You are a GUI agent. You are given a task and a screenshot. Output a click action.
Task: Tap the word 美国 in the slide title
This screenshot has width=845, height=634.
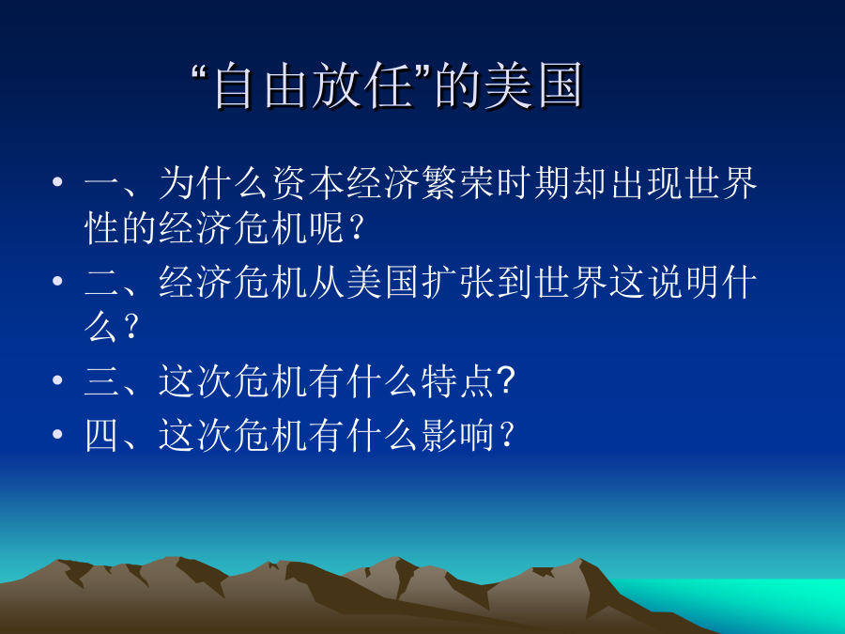tap(533, 85)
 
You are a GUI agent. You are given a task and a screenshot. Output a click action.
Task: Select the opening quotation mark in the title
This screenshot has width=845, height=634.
tap(201, 72)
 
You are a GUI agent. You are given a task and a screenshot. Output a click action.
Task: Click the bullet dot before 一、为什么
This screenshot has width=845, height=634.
tap(57, 182)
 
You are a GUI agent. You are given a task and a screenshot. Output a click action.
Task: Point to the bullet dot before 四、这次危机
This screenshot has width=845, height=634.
tap(57, 434)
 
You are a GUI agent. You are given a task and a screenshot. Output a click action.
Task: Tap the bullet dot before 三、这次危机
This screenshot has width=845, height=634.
tap(57, 380)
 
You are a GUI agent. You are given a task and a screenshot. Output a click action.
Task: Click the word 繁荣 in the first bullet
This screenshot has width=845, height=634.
tap(457, 183)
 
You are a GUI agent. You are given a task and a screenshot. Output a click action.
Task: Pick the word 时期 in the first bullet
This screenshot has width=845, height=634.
tap(532, 183)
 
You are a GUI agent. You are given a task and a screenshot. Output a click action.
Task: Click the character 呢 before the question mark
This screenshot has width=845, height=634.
tap(327, 228)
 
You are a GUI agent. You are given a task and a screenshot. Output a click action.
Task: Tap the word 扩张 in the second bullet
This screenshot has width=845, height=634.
tap(457, 282)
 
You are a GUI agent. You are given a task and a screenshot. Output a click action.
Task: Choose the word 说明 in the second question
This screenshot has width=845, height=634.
tap(683, 282)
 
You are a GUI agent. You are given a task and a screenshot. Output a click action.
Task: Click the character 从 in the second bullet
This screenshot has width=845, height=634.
tap(327, 282)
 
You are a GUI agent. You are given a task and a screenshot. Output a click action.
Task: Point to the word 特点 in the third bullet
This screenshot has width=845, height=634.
tap(457, 381)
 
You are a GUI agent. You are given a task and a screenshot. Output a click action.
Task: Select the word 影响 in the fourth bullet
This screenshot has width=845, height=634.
tap(457, 435)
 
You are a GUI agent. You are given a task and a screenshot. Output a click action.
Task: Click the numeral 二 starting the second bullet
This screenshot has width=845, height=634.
tap(101, 283)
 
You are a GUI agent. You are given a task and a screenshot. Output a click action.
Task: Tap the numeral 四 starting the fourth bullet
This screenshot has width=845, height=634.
tap(101, 436)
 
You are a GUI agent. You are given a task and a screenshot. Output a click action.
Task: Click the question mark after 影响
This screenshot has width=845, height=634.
tap(507, 435)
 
